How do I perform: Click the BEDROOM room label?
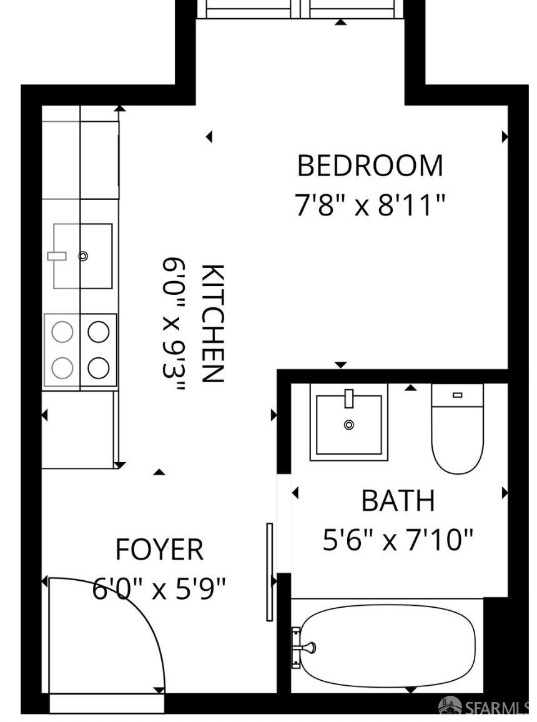coord(370,166)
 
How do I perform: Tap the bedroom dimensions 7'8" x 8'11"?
coord(370,205)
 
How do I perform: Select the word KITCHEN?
coord(212,323)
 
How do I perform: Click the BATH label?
coord(398,501)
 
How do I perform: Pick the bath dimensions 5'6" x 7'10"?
coord(398,540)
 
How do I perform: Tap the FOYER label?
coord(159,550)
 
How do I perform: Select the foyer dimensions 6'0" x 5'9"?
coord(159,588)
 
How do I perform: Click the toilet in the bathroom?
coord(457,437)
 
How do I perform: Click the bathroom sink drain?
coord(349,425)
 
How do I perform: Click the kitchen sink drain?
coord(83,256)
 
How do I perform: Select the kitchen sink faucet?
coord(57,255)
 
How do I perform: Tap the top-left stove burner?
coord(62,332)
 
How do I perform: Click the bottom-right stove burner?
coord(99,368)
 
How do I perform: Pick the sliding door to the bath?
coord(270,571)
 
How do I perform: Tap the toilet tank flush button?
coord(457,395)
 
